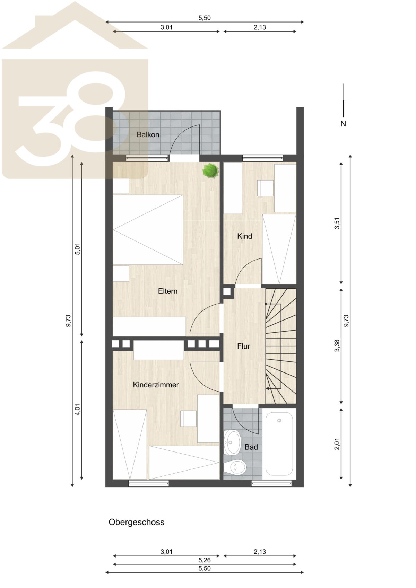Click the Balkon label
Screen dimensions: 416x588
click(x=148, y=135)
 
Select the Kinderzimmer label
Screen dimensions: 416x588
click(x=156, y=385)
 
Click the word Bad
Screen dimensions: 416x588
click(x=251, y=447)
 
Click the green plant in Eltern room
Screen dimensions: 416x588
click(x=210, y=171)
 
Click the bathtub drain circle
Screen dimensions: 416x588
click(x=279, y=420)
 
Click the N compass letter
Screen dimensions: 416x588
click(x=343, y=124)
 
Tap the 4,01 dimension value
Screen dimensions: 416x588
click(x=78, y=410)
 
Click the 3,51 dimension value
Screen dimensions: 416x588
click(x=337, y=223)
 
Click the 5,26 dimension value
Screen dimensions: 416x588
click(x=205, y=560)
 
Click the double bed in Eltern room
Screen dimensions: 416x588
click(x=148, y=229)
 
